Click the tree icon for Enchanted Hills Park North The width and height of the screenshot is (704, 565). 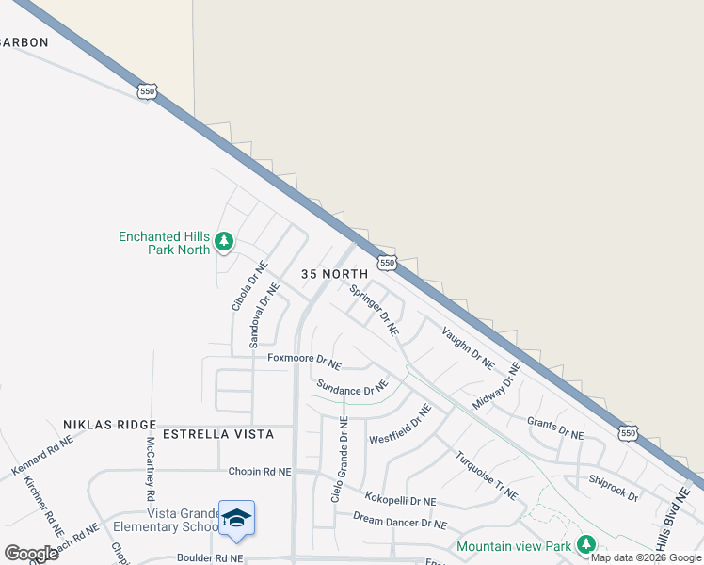pyautogui.click(x=224, y=243)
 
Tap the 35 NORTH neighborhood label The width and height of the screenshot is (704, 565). pyautogui.click(x=333, y=273)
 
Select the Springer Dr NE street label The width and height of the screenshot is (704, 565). pyautogui.click(x=375, y=311)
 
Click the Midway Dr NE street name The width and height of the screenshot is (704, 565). pyautogui.click(x=496, y=386)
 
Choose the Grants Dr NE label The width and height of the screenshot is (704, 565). pyautogui.click(x=555, y=428)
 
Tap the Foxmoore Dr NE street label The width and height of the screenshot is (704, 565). pyautogui.click(x=304, y=360)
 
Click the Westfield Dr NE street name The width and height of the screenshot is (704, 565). pyautogui.click(x=400, y=425)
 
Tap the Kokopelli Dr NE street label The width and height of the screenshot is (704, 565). pyautogui.click(x=401, y=501)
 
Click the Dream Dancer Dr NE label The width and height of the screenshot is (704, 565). pyautogui.click(x=400, y=518)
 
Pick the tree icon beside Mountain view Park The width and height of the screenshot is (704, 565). pyautogui.click(x=586, y=544)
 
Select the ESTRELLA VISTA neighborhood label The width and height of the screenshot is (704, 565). pyautogui.click(x=218, y=434)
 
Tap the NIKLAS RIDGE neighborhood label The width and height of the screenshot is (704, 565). pyautogui.click(x=103, y=425)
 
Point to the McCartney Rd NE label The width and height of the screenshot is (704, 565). pyautogui.click(x=151, y=467)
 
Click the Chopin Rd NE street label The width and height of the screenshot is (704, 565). pyautogui.click(x=260, y=471)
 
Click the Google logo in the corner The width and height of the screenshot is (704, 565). pyautogui.click(x=31, y=554)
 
